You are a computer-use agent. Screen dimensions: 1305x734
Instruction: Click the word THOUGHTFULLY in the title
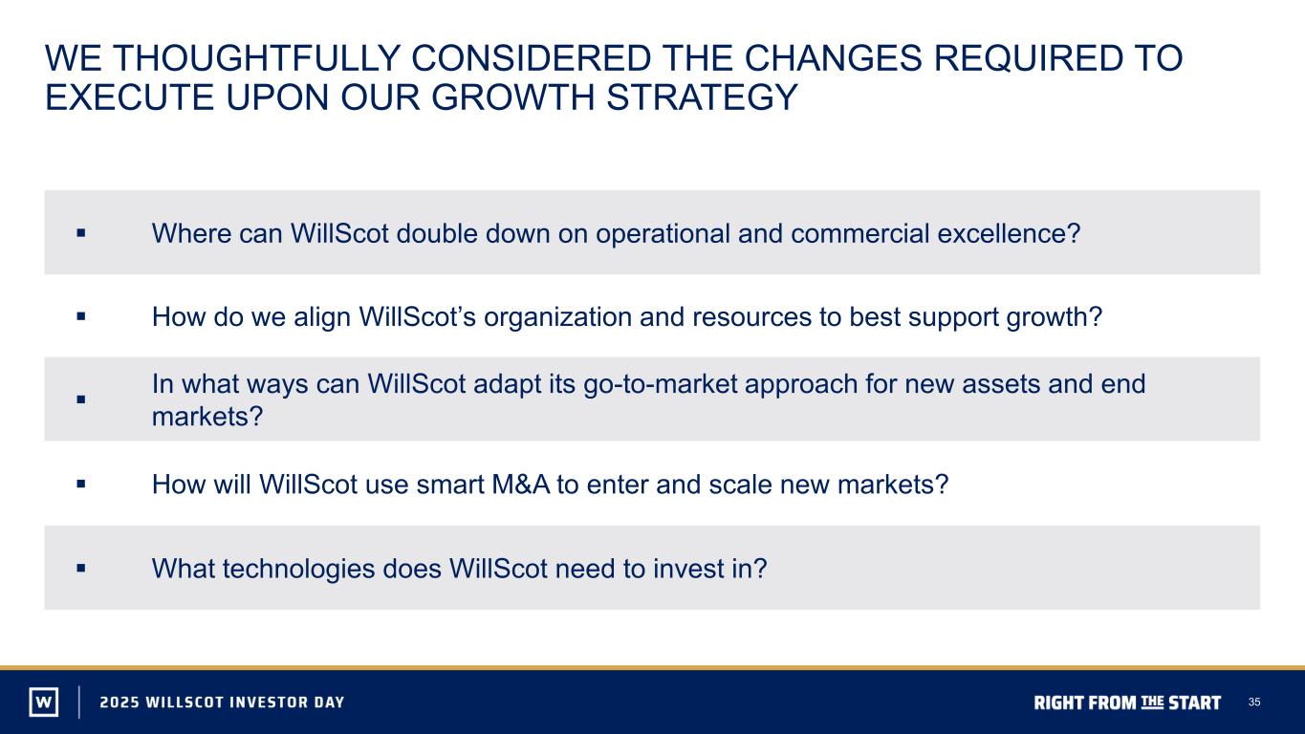[x=256, y=58]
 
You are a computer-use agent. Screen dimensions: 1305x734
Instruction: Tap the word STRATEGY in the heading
[x=702, y=97]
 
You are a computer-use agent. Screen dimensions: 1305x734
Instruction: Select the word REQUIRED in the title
[x=1028, y=58]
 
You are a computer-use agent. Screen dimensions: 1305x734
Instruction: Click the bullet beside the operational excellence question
[x=81, y=233]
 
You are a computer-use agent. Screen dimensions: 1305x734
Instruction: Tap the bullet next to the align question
[x=81, y=316]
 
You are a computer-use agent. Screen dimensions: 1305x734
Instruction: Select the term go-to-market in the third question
[x=660, y=384]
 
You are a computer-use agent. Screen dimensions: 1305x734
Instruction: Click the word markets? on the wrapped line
[x=207, y=417]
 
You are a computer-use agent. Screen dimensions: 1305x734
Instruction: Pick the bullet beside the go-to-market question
[x=81, y=399]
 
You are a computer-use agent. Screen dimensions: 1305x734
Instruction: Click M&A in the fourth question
[x=521, y=485]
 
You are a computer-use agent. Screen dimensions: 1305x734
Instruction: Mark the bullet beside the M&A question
[x=81, y=484]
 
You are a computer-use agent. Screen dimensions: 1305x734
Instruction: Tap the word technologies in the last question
[x=298, y=570]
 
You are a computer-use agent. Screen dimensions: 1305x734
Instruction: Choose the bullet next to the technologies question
[x=81, y=568]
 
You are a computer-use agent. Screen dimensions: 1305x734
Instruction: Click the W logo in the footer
[x=44, y=702]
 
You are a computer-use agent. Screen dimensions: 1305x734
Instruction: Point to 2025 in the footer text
[x=119, y=702]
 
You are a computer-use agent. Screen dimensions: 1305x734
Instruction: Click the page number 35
[x=1254, y=702]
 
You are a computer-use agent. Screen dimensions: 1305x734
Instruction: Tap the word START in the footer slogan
[x=1194, y=702]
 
